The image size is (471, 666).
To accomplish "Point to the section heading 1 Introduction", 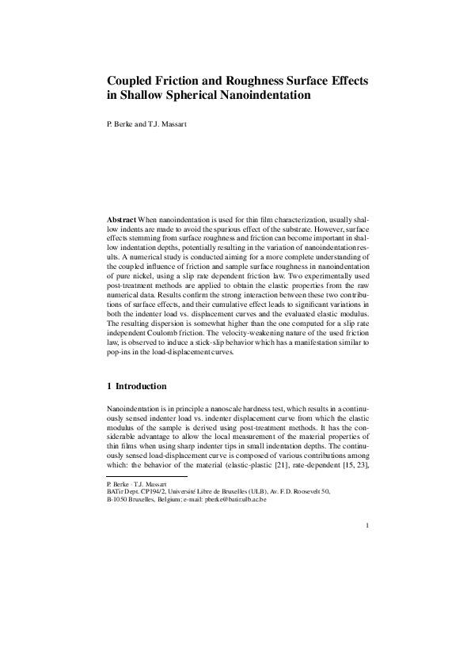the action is (x=136, y=387).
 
